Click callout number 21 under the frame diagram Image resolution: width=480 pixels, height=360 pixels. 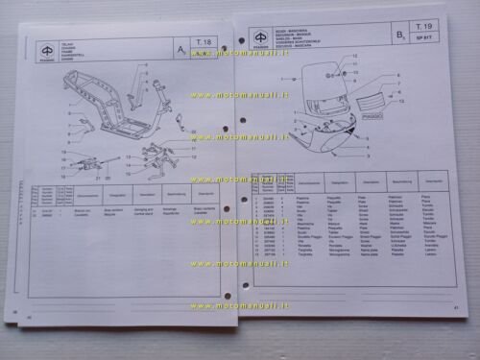coord(97,178)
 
